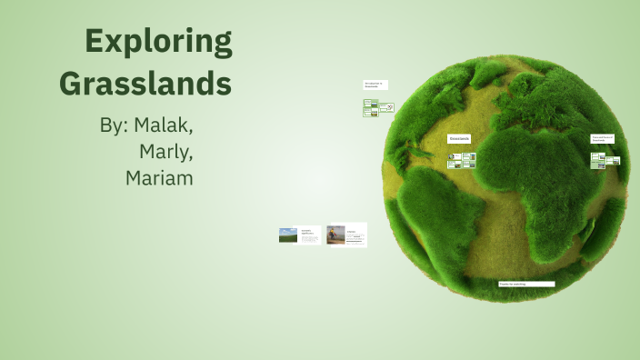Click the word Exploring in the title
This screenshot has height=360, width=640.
point(158,43)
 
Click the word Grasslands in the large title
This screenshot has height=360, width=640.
point(145,84)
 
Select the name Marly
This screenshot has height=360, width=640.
point(166,151)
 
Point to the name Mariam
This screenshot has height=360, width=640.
point(159,177)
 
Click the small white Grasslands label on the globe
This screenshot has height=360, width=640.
point(459,138)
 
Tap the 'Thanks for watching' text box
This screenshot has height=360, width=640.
point(525,284)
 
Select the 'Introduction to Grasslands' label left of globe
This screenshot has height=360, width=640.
point(375,85)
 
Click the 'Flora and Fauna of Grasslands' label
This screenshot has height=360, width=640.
point(602,139)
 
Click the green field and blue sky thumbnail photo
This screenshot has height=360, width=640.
point(288,235)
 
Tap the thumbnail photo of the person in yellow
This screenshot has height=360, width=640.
point(335,235)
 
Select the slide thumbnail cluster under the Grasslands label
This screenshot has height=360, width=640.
point(462,160)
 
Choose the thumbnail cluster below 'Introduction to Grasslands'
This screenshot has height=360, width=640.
point(378,107)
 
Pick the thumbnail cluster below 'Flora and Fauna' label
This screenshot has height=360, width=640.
point(605,160)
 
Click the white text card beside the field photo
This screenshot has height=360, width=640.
point(310,235)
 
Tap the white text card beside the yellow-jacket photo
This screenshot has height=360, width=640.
point(356,235)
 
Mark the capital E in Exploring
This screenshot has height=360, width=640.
point(95,43)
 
